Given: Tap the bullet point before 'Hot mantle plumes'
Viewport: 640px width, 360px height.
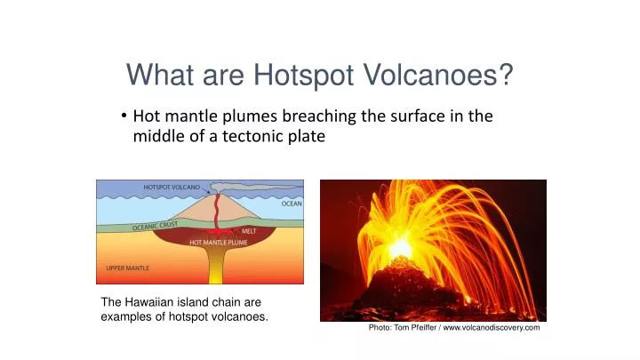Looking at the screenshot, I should pos(124,116).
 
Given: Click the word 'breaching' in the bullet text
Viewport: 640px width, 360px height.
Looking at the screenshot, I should pos(328,116).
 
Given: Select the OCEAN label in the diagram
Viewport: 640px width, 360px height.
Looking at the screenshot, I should pos(291,204).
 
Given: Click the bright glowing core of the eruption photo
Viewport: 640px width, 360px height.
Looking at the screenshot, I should pos(400,246).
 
